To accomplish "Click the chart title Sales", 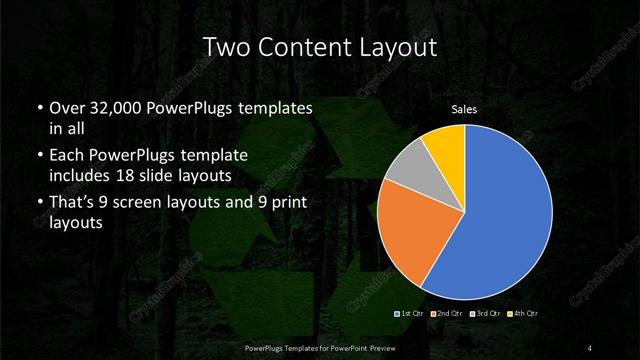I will [x=464, y=109].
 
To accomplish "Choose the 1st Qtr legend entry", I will [x=412, y=315].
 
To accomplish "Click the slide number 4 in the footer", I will [x=590, y=346].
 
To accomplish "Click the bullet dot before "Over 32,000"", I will [x=39, y=108].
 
